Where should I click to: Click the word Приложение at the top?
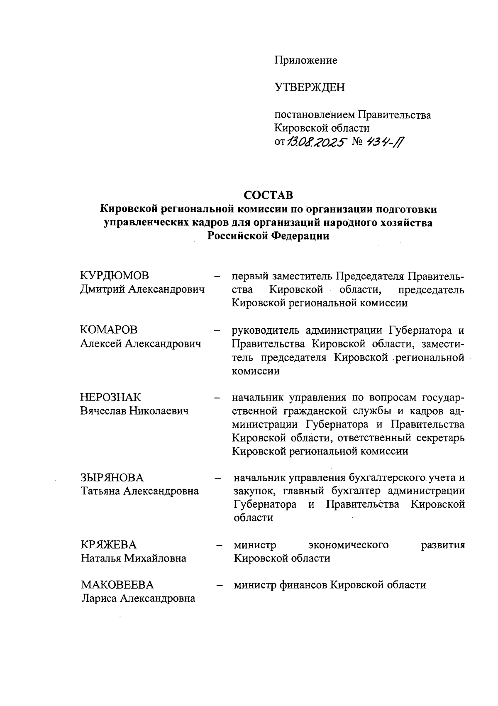pyautogui.click(x=305, y=61)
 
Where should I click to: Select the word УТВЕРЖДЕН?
pyautogui.click(x=309, y=88)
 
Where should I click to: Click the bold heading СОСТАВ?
pyautogui.click(x=268, y=195)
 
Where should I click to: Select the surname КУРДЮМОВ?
pyautogui.click(x=115, y=276)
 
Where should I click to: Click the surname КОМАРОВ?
pyautogui.click(x=109, y=330)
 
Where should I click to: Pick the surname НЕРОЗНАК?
pyautogui.click(x=110, y=397)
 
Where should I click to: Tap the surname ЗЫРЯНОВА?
pyautogui.click(x=112, y=478)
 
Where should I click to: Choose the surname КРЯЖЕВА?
pyautogui.click(x=109, y=545)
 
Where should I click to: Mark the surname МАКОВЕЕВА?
pyautogui.click(x=117, y=585)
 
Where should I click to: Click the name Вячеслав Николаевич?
pyautogui.click(x=134, y=411)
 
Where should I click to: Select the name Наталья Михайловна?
pyautogui.click(x=134, y=558)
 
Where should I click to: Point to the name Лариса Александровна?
pyautogui.click(x=138, y=599)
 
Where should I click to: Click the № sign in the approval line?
pyautogui.click(x=357, y=142)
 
